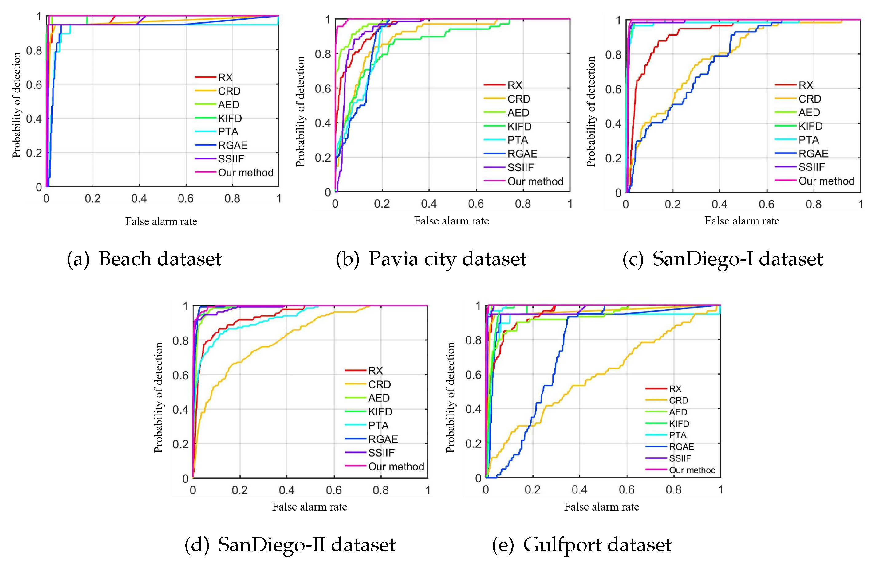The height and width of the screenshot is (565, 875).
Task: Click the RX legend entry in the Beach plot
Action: point(225,77)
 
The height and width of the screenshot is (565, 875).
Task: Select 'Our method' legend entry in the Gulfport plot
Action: point(692,470)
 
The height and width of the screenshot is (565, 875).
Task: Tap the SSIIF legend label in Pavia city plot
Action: point(520,168)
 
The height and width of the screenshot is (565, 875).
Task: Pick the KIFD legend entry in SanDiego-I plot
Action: point(810,126)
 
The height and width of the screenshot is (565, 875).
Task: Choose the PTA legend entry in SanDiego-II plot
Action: point(378,426)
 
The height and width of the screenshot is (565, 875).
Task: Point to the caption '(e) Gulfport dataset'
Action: point(581,544)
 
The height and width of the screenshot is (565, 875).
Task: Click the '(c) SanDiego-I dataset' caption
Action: point(722,259)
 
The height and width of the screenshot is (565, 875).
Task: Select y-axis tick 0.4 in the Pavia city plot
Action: point(322,123)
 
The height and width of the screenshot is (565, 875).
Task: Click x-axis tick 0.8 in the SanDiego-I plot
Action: point(813,205)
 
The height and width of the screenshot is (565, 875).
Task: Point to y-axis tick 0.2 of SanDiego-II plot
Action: point(180,444)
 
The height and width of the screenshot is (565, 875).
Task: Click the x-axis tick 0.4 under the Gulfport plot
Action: point(579,490)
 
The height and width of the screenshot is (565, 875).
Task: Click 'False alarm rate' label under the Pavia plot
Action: point(451,221)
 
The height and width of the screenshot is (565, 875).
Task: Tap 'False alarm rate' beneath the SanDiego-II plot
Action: point(309,507)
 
